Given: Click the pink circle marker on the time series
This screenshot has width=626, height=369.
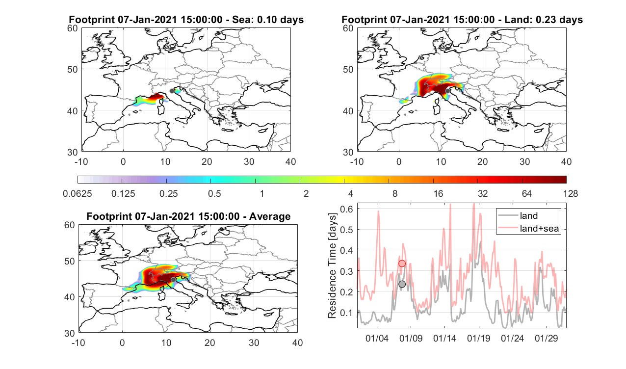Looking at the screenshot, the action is [402, 264].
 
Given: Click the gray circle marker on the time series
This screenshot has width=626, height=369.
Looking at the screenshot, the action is [402, 284].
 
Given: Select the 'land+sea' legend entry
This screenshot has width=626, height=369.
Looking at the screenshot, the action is [529, 228].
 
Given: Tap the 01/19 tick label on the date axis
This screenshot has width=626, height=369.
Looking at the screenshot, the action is [478, 338].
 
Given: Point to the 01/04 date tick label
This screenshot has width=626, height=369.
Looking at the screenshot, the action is [377, 338].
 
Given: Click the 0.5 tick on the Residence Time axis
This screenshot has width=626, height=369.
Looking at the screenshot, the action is [346, 230].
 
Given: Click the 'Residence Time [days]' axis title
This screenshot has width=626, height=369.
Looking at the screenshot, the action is [332, 266].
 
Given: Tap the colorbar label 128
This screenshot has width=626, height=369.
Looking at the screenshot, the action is [571, 193].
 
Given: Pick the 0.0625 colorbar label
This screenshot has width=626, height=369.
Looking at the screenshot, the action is [78, 193].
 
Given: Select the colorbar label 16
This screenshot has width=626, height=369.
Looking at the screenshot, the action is [438, 193].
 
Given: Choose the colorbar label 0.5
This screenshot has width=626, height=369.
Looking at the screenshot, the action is [214, 193].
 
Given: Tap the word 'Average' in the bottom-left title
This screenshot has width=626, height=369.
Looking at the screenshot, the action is [270, 216].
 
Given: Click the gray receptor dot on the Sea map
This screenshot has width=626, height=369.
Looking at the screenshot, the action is [172, 91].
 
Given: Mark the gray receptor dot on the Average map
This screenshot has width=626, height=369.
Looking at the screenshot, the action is [173, 280].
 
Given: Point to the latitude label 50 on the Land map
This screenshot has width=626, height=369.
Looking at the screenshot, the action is [348, 69].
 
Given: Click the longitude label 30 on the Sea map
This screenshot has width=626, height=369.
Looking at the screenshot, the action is [249, 161].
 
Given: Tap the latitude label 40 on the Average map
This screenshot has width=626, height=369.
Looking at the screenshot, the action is [70, 297].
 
